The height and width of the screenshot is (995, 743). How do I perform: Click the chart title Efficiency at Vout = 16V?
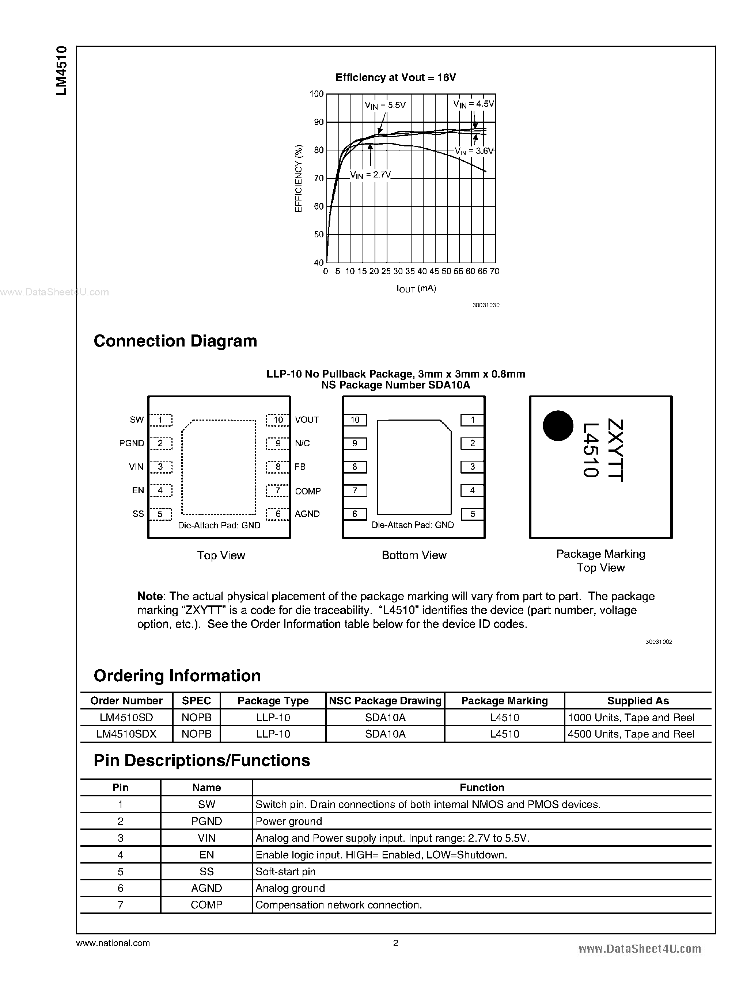(395, 78)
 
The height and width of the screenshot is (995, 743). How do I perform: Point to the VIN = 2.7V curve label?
(370, 175)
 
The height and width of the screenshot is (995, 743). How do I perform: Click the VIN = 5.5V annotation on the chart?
(385, 105)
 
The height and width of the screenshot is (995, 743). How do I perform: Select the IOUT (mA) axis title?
(416, 288)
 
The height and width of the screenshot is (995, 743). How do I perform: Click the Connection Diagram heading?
(175, 341)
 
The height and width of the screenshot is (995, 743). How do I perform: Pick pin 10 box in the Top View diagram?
(277, 420)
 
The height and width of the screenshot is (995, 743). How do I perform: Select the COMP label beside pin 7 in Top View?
(308, 491)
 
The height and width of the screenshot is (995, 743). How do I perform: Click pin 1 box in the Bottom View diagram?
(472, 420)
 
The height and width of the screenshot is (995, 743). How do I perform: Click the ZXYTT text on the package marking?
(615, 450)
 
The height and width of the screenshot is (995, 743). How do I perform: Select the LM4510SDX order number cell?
(126, 734)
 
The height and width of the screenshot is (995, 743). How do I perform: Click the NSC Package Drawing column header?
(385, 701)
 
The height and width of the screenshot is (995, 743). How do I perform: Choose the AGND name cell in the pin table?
(206, 888)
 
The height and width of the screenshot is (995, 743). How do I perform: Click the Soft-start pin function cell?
(285, 872)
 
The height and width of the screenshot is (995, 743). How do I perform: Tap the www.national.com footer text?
(113, 943)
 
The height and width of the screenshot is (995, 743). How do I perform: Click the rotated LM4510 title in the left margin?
(62, 70)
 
